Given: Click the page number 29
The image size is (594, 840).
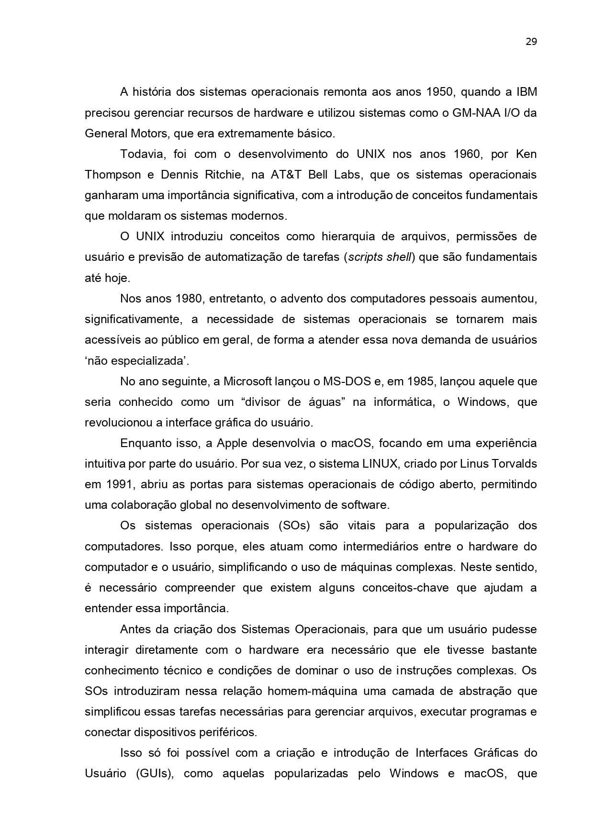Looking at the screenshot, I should click(x=531, y=42).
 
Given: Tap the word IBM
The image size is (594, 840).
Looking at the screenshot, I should click(x=527, y=92).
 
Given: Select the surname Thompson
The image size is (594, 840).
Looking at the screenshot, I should click(x=112, y=175).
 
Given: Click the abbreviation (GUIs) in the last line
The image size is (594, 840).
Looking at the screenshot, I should click(x=155, y=773).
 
